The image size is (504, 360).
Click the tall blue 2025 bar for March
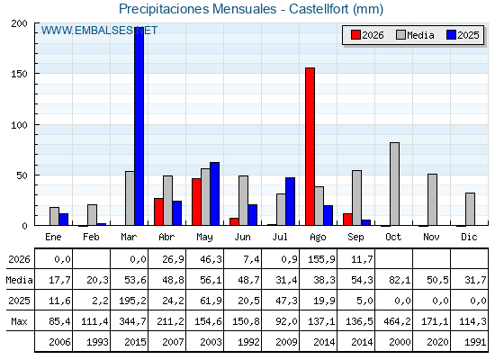coord(139,126)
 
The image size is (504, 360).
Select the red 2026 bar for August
coord(310,147)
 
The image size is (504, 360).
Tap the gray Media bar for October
coord(395,184)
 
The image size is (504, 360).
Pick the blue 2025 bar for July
coord(290,202)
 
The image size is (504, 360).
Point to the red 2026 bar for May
coord(196,202)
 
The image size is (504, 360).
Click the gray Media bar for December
coord(470,209)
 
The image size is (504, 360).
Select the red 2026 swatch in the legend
coord(355,35)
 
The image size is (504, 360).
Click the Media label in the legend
coord(420,35)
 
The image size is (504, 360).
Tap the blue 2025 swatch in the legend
coord(451,35)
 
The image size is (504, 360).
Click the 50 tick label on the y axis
coord(22,175)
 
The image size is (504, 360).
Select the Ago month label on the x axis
coord(318,238)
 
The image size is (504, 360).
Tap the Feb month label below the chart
coord(91,237)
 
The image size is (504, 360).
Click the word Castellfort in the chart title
coord(319,9)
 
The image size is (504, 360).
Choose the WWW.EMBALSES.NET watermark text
coord(99,31)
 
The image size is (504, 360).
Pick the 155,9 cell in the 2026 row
coord(318,259)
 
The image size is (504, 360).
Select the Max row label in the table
coord(19,321)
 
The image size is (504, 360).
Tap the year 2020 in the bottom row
coord(437,342)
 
